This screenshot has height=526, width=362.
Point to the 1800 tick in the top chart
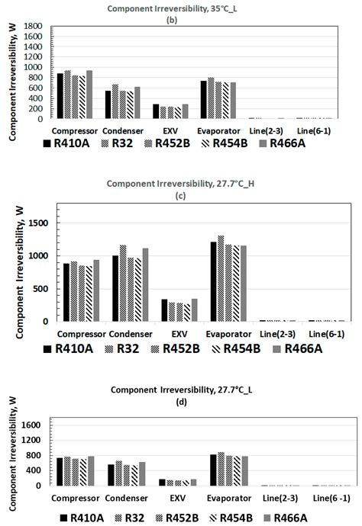31,26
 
